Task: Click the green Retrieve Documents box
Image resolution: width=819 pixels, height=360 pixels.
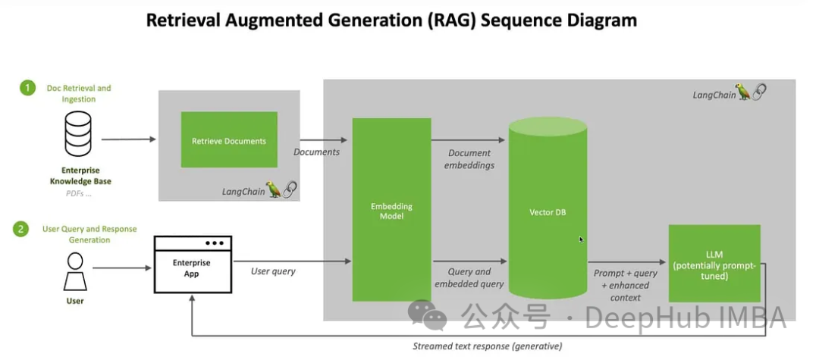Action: click(x=229, y=140)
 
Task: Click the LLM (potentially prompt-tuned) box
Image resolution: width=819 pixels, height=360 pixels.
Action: click(x=714, y=263)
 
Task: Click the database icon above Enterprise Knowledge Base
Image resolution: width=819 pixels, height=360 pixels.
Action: click(x=77, y=134)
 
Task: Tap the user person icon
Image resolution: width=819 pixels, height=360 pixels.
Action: click(x=74, y=271)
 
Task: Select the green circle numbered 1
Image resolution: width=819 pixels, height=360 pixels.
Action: click(x=28, y=88)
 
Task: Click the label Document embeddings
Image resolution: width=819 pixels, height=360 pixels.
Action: click(x=469, y=158)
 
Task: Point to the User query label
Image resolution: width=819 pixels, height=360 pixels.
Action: click(x=274, y=271)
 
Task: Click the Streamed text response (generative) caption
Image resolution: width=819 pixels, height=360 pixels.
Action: click(x=488, y=346)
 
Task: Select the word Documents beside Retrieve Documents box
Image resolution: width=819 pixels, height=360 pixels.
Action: click(x=316, y=152)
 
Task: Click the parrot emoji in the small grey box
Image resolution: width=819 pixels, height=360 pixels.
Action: click(x=274, y=190)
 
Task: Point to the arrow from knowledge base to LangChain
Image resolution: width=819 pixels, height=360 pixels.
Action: click(x=128, y=139)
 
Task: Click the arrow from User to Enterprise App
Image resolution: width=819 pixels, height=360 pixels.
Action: click(x=121, y=267)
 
